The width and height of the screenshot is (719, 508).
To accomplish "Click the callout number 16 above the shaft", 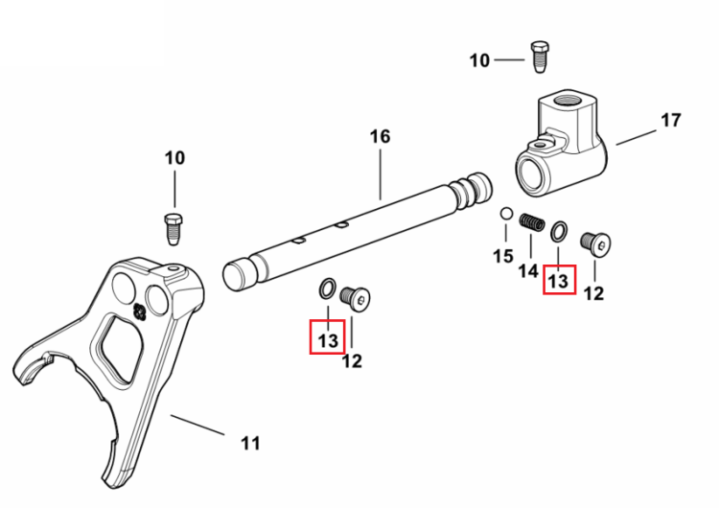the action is tap(381, 137).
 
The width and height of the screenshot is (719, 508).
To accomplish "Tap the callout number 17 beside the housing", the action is tap(671, 120).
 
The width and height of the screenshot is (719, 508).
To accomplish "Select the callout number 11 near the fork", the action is tap(250, 444).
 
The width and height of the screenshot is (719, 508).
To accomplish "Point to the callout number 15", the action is tap(503, 256).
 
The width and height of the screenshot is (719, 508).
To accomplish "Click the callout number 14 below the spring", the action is tap(528, 271).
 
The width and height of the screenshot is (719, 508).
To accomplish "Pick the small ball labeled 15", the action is tap(506, 214).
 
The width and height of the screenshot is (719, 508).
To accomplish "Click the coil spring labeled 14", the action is tap(532, 222).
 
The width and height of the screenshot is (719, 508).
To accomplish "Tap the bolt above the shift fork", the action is tap(173, 229).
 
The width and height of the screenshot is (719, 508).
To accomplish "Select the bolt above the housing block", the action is tap(540, 57).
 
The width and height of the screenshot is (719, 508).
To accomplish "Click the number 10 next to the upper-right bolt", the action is tap(479, 60).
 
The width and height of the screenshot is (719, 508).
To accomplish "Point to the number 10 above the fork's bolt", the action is tap(174, 158).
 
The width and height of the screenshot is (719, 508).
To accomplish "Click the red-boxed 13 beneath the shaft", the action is tap(328, 340).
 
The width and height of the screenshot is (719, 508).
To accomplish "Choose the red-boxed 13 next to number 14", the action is tap(558, 281).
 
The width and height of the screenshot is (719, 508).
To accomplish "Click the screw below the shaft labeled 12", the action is tap(356, 298).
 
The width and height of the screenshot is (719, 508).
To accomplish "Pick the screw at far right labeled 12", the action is tap(595, 243).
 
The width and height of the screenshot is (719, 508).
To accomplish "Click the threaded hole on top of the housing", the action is tap(567, 100).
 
